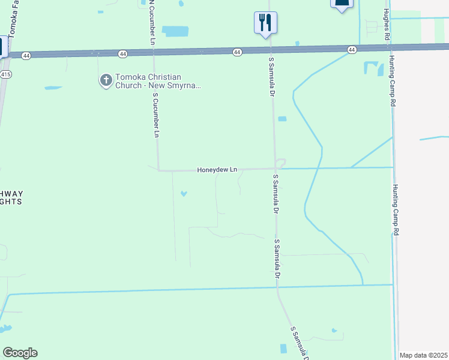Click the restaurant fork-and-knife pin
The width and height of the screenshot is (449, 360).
tap(265, 23)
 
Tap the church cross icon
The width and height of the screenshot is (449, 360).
tap(106, 80)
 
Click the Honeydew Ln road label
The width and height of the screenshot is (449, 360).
tap(217, 170)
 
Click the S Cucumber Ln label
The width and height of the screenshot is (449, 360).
tap(155, 114)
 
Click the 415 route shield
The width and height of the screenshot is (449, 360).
tap(5, 74)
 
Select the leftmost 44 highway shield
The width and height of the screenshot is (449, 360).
tap(26, 55)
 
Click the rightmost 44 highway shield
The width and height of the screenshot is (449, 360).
tap(351, 49)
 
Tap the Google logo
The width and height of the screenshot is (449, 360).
tap(20, 353)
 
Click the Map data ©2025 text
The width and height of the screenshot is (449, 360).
tap(424, 355)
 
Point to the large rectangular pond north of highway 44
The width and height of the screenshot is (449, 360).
tap(175, 31)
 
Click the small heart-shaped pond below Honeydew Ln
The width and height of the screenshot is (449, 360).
tap(184, 193)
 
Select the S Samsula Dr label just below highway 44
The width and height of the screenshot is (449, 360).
tap(272, 77)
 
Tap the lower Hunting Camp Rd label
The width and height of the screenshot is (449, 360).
tap(396, 210)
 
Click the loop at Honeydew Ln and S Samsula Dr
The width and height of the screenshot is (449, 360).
tap(280, 163)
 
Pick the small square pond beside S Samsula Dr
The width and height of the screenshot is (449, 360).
tap(282, 119)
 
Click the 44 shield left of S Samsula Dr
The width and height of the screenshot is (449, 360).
tap(237, 52)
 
